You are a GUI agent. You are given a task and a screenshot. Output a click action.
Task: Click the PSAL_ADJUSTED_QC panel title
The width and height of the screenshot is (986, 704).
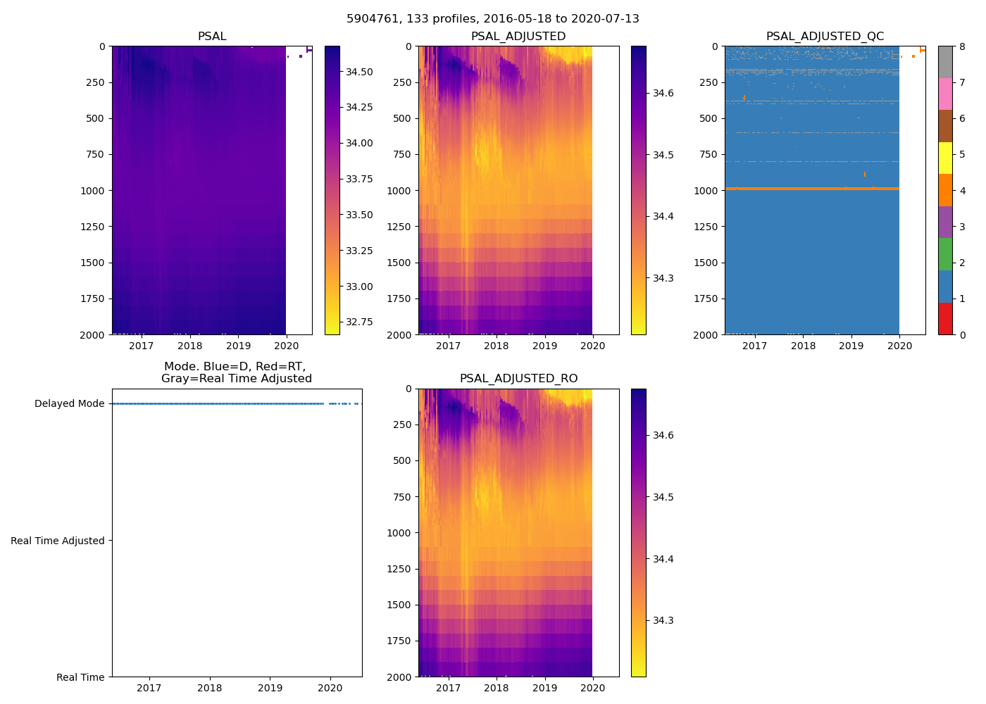click(x=825, y=37)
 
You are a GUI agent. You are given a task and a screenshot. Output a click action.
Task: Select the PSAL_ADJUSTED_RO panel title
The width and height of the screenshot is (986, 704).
click(x=518, y=379)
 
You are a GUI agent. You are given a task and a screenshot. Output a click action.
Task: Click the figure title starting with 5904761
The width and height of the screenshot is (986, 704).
click(x=493, y=19)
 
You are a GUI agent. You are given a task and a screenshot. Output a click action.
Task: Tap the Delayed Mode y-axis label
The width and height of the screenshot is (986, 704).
click(x=69, y=404)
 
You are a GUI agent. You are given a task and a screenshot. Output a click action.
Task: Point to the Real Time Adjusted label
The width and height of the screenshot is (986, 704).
click(x=58, y=541)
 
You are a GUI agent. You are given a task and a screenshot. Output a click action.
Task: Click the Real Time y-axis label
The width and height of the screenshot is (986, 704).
click(x=80, y=677)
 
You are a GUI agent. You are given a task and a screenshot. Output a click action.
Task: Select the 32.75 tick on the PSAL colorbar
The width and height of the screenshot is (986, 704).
click(x=359, y=322)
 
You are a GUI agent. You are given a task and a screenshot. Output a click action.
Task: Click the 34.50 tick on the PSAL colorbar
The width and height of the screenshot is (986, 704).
click(x=359, y=72)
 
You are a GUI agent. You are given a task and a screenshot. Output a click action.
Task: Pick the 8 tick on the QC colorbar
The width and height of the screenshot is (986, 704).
click(x=962, y=47)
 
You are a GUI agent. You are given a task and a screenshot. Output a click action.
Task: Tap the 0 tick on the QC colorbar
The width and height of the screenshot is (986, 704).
click(x=962, y=334)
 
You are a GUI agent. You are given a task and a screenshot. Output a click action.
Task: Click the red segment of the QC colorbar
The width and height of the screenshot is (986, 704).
click(x=945, y=318)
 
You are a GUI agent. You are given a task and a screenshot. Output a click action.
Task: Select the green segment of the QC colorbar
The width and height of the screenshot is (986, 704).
click(x=945, y=254)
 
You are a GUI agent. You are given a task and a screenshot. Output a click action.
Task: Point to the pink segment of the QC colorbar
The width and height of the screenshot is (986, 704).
click(x=945, y=94)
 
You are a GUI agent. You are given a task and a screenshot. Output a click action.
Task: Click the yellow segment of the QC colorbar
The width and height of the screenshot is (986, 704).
click(x=945, y=158)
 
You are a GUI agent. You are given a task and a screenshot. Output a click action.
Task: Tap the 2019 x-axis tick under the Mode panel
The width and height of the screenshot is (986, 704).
click(x=270, y=688)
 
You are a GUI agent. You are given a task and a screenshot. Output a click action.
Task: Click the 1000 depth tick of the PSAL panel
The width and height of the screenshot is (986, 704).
click(x=92, y=191)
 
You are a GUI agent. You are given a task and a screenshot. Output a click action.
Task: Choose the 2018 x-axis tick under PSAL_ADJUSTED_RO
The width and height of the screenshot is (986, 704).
click(x=497, y=688)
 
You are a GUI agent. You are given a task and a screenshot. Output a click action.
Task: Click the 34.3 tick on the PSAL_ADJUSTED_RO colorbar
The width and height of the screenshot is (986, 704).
click(x=663, y=621)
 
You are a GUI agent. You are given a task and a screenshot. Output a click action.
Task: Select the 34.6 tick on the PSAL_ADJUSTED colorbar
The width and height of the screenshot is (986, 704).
click(x=663, y=93)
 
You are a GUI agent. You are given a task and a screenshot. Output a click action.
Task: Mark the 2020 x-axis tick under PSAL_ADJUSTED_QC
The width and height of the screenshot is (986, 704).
click(x=899, y=346)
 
